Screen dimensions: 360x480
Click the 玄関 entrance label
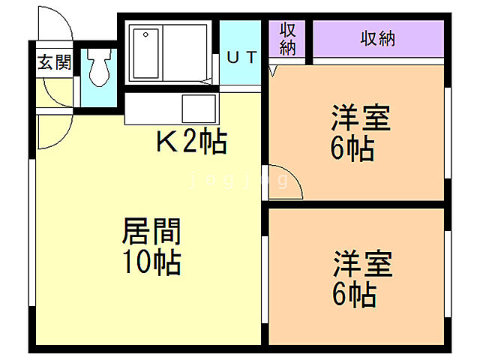coord(55,62)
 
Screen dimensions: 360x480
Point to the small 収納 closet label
coord(288,38)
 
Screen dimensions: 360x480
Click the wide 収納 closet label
coord(377,38)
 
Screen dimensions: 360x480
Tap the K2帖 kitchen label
coord(191,140)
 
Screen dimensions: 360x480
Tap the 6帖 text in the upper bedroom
coord(353,149)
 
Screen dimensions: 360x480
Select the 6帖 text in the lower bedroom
coord(353,295)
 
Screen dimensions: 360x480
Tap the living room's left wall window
coord(31,232)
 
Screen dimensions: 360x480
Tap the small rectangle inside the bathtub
coord(145,36)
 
